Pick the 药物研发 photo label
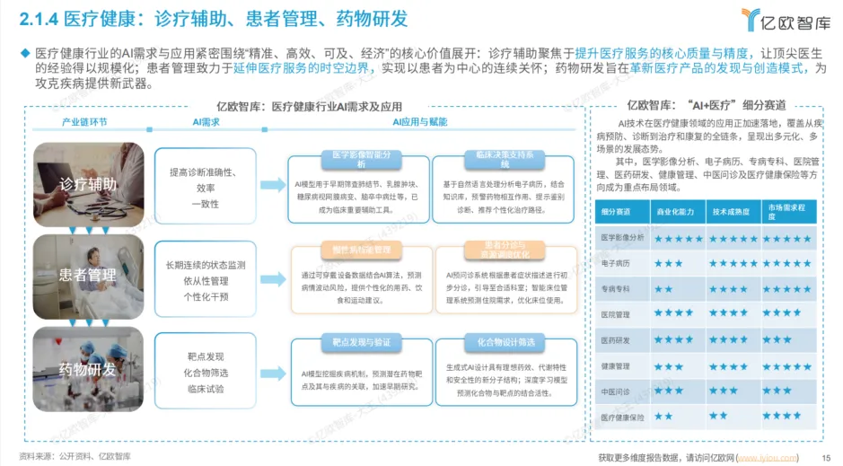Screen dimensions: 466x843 [88, 369]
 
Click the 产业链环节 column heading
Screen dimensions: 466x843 [84, 120]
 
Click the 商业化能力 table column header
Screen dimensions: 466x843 [677, 212]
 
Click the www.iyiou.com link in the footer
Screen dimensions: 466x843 [767, 457]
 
